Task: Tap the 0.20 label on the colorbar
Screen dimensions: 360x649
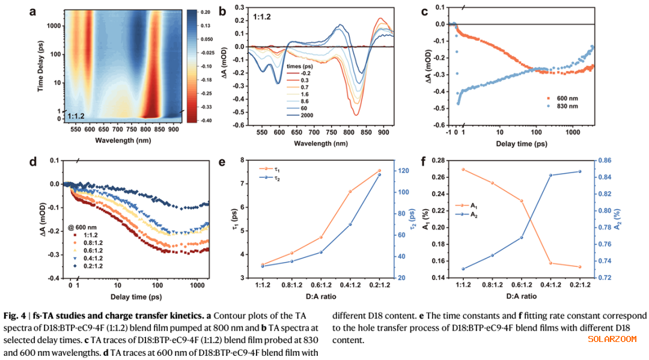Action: (204, 12)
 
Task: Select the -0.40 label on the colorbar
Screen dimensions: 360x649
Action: (204, 120)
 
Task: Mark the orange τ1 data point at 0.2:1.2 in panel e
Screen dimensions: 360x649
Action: (379, 171)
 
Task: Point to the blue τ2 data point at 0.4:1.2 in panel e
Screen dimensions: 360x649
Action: (350, 224)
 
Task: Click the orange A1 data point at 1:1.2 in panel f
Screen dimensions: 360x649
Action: (463, 169)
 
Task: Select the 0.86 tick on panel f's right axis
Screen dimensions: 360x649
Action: (603, 160)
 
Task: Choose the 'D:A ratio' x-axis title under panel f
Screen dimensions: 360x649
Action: (521, 296)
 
